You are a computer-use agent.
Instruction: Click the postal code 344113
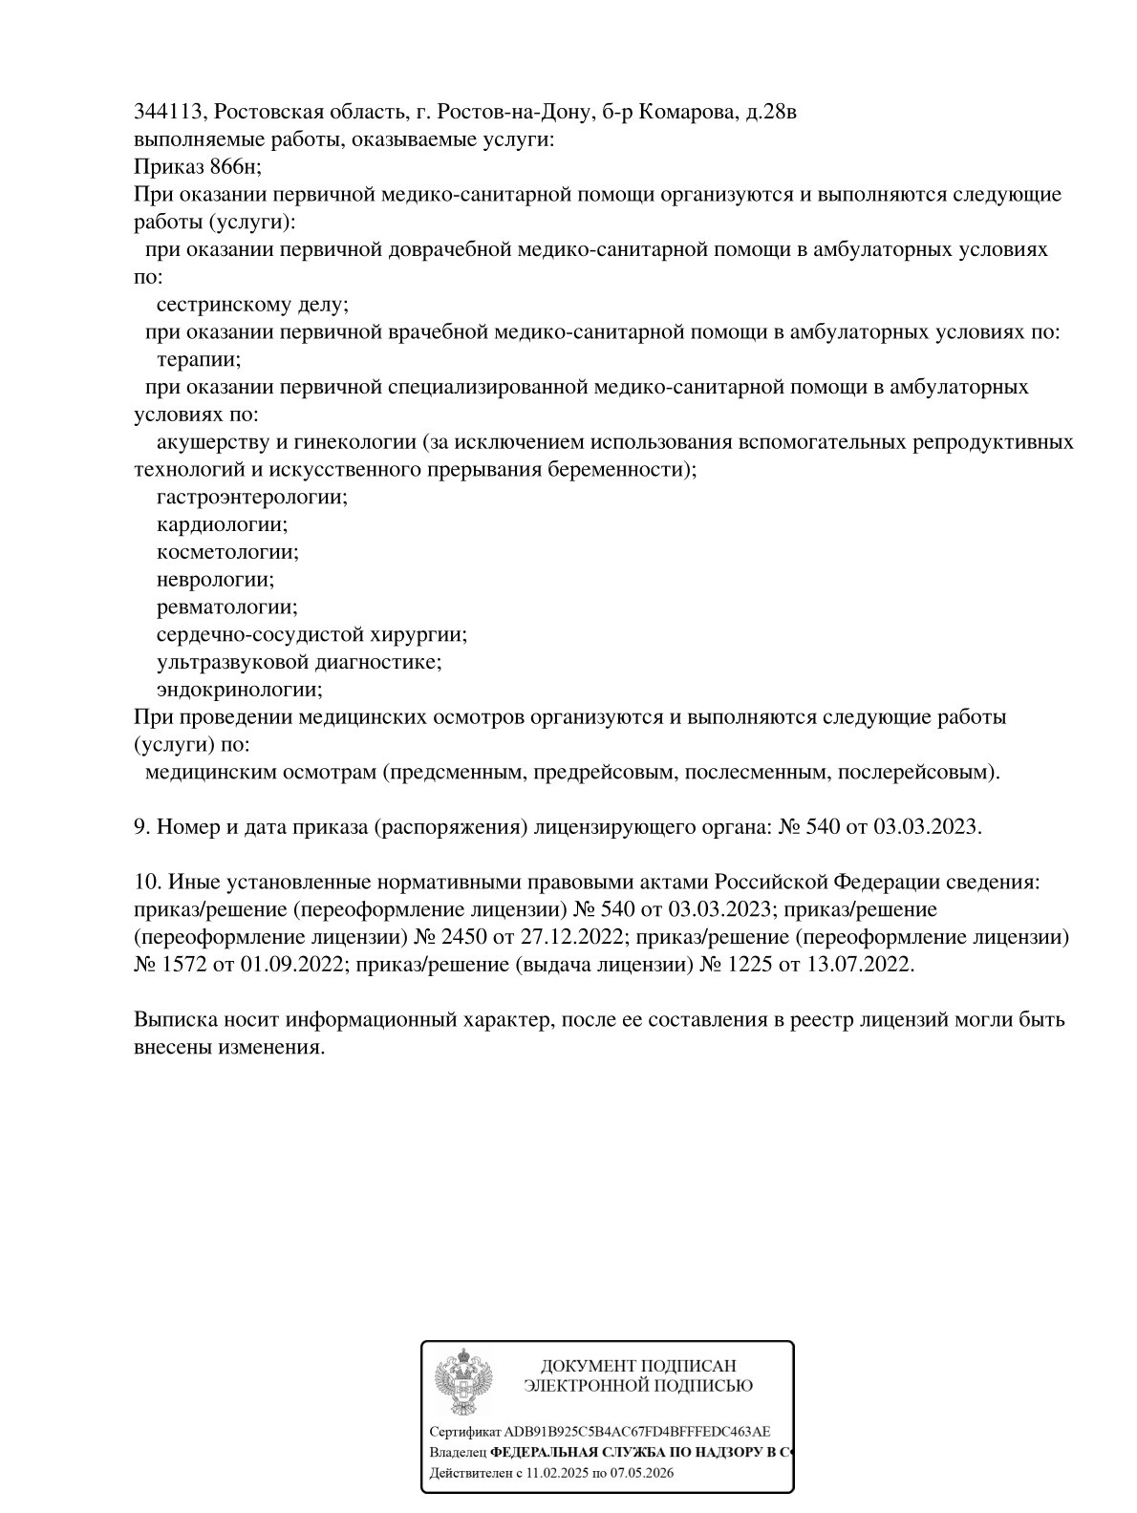(x=166, y=113)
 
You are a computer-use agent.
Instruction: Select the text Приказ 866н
(x=196, y=167)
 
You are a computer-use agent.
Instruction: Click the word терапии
(x=198, y=360)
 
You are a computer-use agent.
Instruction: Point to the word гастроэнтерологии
(x=251, y=498)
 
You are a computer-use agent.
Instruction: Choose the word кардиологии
(x=222, y=525)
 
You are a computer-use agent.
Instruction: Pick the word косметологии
(x=227, y=552)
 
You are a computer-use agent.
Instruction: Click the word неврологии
(x=215, y=580)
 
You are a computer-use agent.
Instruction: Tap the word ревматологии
(x=226, y=607)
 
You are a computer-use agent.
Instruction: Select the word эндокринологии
(x=239, y=690)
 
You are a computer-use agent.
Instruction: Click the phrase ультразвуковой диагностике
(x=298, y=662)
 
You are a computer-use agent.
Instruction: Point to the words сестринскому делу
(x=251, y=305)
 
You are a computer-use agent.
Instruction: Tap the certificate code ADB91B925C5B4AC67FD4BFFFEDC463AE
(x=630, y=1432)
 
